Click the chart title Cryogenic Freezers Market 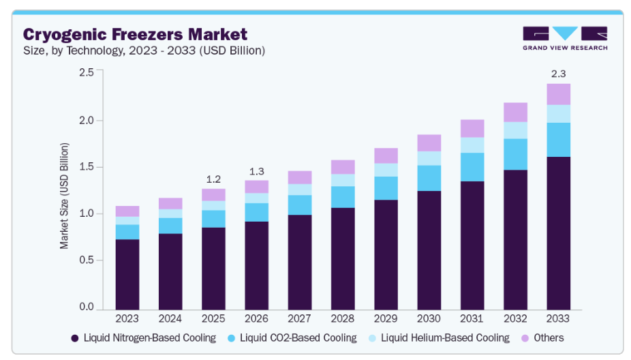[135, 34]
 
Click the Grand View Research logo [565, 38]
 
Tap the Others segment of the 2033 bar [558, 94]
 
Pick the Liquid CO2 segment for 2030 [429, 178]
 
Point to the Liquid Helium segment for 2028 [343, 180]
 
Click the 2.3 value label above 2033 [558, 73]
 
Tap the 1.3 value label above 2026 [256, 170]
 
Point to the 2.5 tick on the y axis [86, 72]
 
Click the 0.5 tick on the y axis [86, 260]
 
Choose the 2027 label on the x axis [299, 318]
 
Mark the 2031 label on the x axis [472, 318]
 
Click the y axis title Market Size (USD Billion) [65, 196]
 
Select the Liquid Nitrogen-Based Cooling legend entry [143, 337]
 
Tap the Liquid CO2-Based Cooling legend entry [292, 337]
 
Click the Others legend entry [542, 337]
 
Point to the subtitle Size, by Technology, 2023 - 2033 [144, 50]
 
